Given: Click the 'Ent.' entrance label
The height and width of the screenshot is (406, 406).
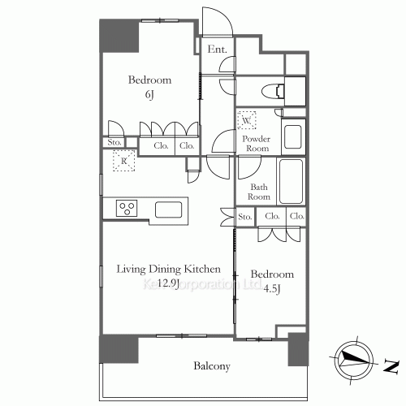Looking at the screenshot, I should click(216, 50).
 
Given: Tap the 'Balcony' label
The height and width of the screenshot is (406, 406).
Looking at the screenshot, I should click(212, 366).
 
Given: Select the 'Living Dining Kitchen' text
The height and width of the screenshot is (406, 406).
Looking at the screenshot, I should click(168, 269).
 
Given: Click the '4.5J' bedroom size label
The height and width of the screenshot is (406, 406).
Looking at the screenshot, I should click(272, 288).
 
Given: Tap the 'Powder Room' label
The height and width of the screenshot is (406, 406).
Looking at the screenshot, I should click(257, 143).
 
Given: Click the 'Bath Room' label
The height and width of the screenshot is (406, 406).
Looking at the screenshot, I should click(258, 192).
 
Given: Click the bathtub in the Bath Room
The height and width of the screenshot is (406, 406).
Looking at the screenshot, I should click(290, 181).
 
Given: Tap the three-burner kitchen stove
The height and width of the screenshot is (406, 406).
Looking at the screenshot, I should click(127, 208).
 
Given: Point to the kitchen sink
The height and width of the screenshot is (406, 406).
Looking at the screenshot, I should click(170, 209).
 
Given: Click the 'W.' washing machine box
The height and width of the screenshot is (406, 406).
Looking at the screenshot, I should click(247, 121).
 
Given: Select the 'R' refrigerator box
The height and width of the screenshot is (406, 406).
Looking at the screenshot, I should click(123, 161).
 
